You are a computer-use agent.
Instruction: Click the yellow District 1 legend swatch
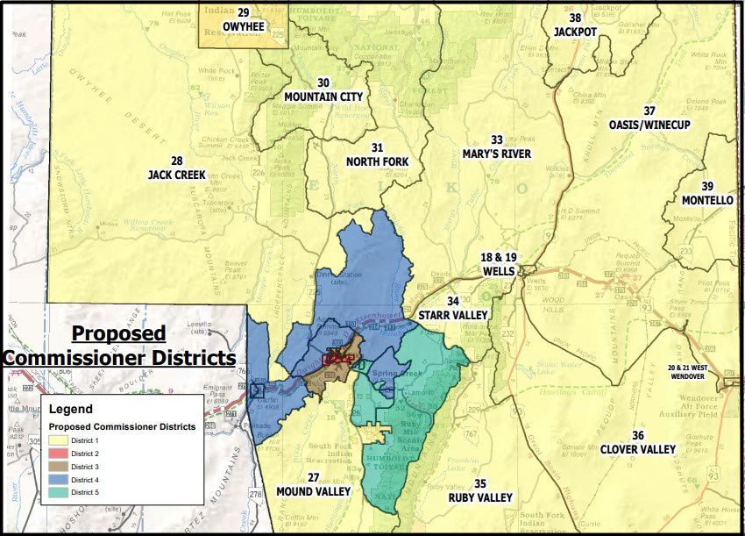pyautogui.click(x=59, y=440)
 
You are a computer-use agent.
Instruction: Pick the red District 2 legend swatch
pyautogui.click(x=59, y=453)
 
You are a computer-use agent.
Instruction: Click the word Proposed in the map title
pyautogui.click(x=118, y=334)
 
